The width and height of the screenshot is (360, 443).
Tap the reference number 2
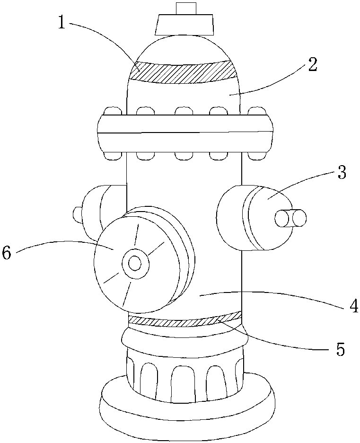312,64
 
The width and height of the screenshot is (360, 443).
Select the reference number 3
342,172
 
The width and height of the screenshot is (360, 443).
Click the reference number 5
340,349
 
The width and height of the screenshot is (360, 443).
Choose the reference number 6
7,253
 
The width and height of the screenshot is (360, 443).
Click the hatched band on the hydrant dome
183,72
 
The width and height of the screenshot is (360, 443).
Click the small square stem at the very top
185,8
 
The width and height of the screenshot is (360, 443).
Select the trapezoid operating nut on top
184,25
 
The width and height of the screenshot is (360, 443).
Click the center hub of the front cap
135,263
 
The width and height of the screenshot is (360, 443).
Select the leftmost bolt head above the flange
113,111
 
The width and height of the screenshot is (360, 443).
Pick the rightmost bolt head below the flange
257,155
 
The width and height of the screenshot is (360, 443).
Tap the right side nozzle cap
254,218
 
